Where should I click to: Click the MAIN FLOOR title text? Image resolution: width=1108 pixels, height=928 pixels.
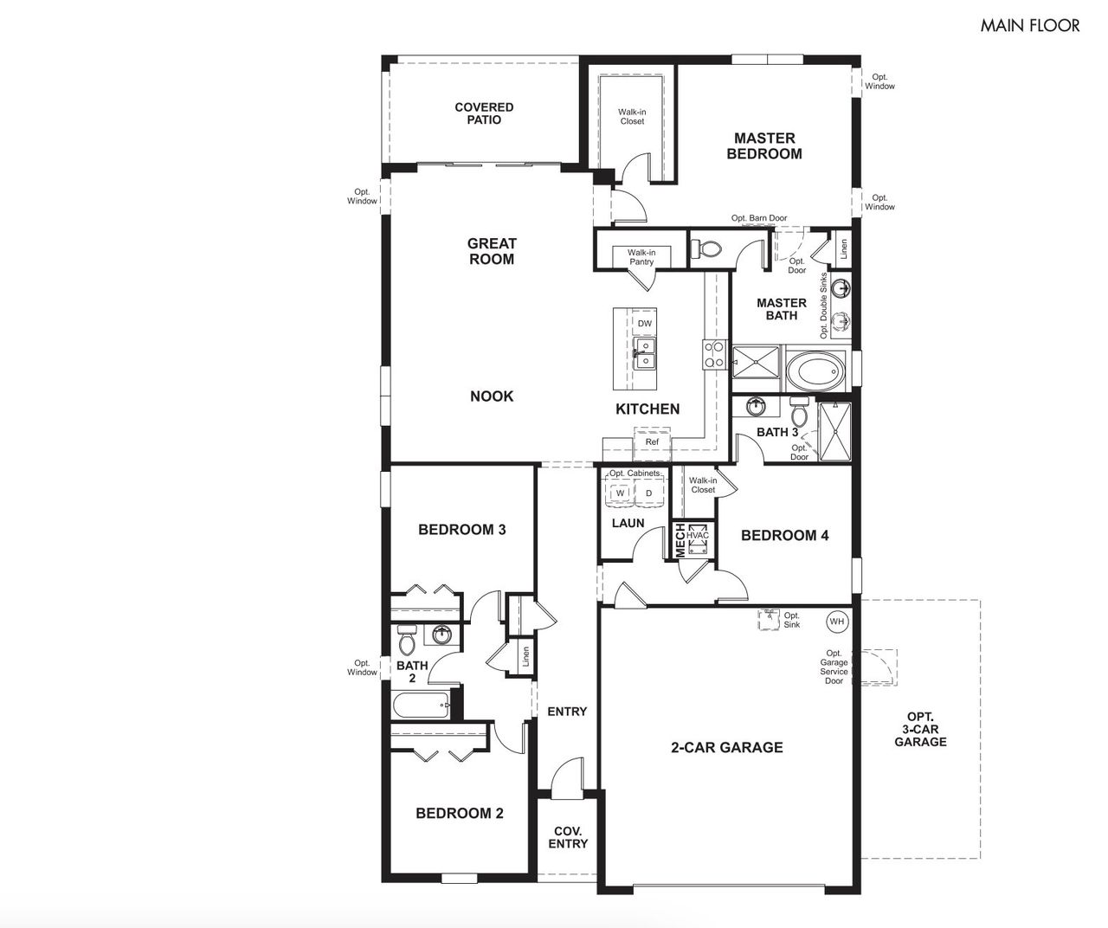point(1029,26)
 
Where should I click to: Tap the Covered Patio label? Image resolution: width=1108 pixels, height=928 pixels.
point(484,113)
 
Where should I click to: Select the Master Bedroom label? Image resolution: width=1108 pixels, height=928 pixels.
point(764,146)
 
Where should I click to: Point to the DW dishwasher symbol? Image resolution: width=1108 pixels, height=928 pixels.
point(645,323)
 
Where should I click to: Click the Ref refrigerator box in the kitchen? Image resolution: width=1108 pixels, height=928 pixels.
point(652,442)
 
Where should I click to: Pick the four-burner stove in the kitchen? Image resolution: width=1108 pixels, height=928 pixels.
point(714,354)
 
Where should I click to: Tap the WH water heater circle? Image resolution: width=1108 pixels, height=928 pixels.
point(837,622)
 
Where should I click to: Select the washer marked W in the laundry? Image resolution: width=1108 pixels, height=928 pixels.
point(620,493)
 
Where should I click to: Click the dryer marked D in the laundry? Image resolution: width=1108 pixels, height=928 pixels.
point(648,493)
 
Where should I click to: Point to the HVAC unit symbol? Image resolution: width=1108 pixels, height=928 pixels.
point(698,538)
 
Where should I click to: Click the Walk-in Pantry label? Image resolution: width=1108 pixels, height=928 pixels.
point(641,257)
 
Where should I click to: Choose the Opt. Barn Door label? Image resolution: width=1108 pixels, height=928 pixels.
point(759,218)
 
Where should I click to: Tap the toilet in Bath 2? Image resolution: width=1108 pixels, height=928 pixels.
point(408,640)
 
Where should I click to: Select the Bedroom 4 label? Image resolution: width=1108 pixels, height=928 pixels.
point(784,535)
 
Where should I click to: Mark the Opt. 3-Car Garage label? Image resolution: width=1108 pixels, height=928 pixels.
point(920,729)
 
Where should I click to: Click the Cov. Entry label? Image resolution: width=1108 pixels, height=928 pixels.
point(568,837)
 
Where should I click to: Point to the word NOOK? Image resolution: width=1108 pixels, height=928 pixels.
point(492,396)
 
